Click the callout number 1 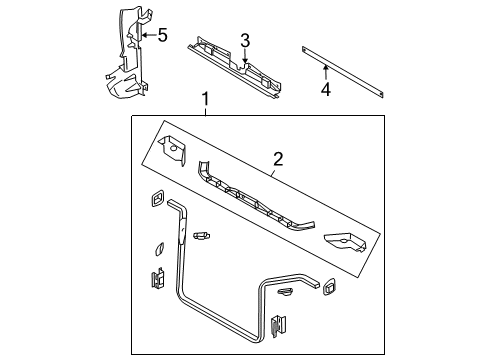pos(206,100)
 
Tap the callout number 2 pos(279,158)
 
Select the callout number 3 pos(244,40)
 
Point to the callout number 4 pos(324,92)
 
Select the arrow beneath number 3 pos(244,57)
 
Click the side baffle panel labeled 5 pos(125,60)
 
